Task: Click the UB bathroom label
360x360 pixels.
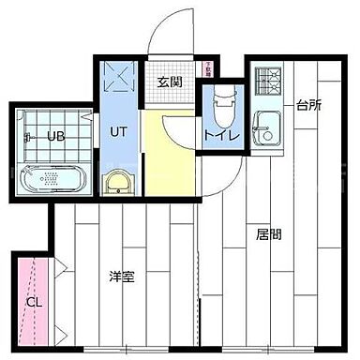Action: [x=56, y=136]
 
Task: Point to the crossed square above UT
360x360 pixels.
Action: [x=120, y=77]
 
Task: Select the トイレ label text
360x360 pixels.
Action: [x=223, y=137]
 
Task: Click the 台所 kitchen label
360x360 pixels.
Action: [x=309, y=105]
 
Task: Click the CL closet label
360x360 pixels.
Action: [x=34, y=302]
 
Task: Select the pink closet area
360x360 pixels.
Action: [x=34, y=281]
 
